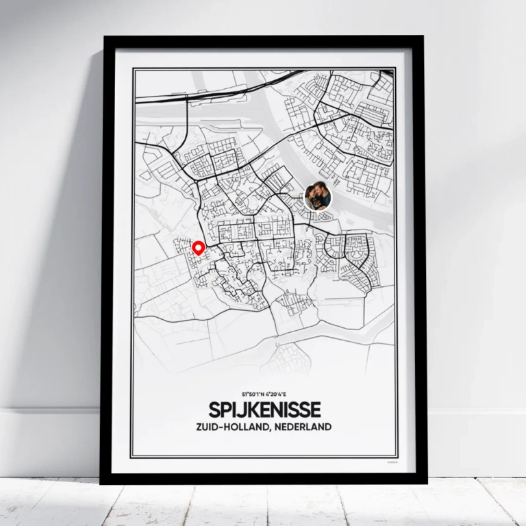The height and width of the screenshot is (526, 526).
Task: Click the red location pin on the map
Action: coord(199,248)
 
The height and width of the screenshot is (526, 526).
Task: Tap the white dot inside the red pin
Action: coord(199,247)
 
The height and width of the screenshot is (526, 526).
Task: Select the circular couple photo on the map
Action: coord(318,197)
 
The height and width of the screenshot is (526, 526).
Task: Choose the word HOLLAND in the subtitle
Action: coord(249,427)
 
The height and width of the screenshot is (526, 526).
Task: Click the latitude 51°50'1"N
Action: coord(251,395)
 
